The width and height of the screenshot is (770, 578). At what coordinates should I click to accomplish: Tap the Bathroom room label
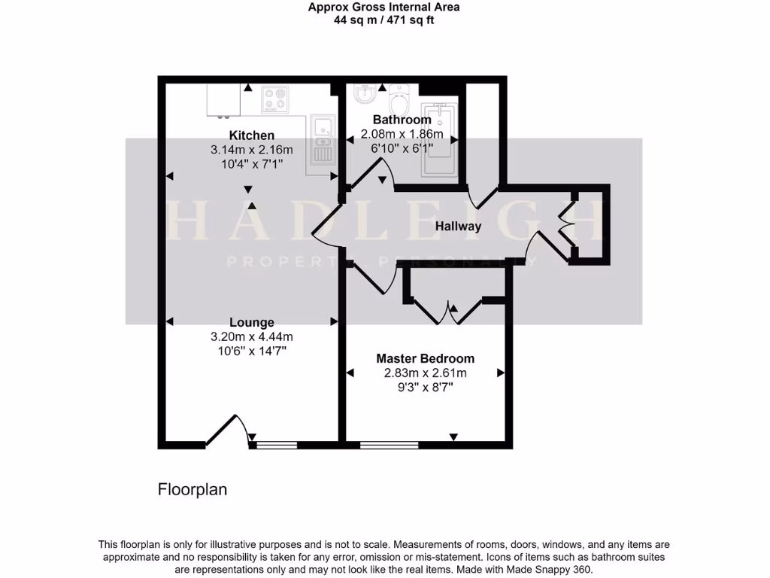click(x=402, y=120)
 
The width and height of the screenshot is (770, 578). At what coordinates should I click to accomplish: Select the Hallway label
click(x=458, y=226)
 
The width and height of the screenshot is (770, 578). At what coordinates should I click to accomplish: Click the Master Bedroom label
click(x=426, y=358)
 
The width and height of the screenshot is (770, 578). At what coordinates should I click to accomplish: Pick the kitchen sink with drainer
click(x=324, y=140)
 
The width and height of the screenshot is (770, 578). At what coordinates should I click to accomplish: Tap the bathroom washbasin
click(x=365, y=94)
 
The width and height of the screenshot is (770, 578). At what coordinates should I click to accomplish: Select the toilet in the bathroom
click(x=400, y=98)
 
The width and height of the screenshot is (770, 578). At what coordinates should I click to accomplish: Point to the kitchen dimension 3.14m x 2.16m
click(x=252, y=150)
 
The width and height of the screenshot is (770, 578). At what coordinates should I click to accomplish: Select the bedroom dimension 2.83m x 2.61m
click(x=426, y=373)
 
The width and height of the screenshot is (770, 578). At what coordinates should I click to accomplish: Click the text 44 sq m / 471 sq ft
click(x=384, y=20)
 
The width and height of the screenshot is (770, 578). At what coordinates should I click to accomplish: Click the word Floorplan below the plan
click(x=192, y=489)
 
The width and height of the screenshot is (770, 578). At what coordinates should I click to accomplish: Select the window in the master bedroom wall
click(x=390, y=445)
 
